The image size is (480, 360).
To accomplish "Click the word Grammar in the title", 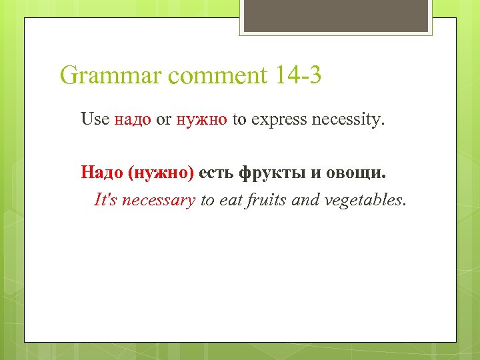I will tap(111, 76).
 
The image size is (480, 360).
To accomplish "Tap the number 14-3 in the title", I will tap(297, 75).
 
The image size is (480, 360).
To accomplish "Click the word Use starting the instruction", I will tap(95, 119).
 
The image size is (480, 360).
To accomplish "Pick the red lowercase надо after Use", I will tap(133, 120).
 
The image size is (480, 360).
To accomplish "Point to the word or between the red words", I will tap(163, 121).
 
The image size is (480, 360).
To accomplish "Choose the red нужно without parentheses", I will tap(202, 120).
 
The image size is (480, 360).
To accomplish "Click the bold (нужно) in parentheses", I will tap(161, 173).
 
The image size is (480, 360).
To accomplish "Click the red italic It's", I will tap(106, 199).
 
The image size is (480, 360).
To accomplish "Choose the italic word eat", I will tap(229, 199).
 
